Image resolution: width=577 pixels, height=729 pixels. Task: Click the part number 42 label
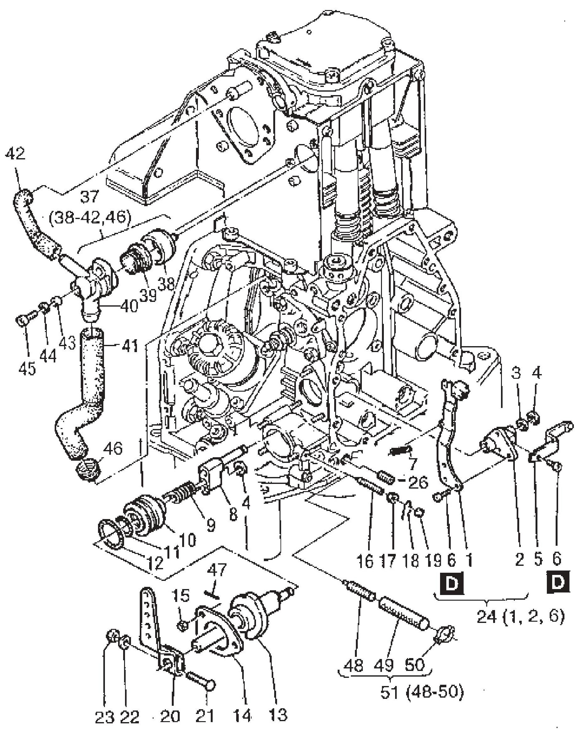click(15, 154)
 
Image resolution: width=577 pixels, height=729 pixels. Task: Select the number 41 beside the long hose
click(130, 346)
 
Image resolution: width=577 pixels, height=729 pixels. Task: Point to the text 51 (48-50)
click(422, 692)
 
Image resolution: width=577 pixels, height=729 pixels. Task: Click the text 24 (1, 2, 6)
click(520, 617)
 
